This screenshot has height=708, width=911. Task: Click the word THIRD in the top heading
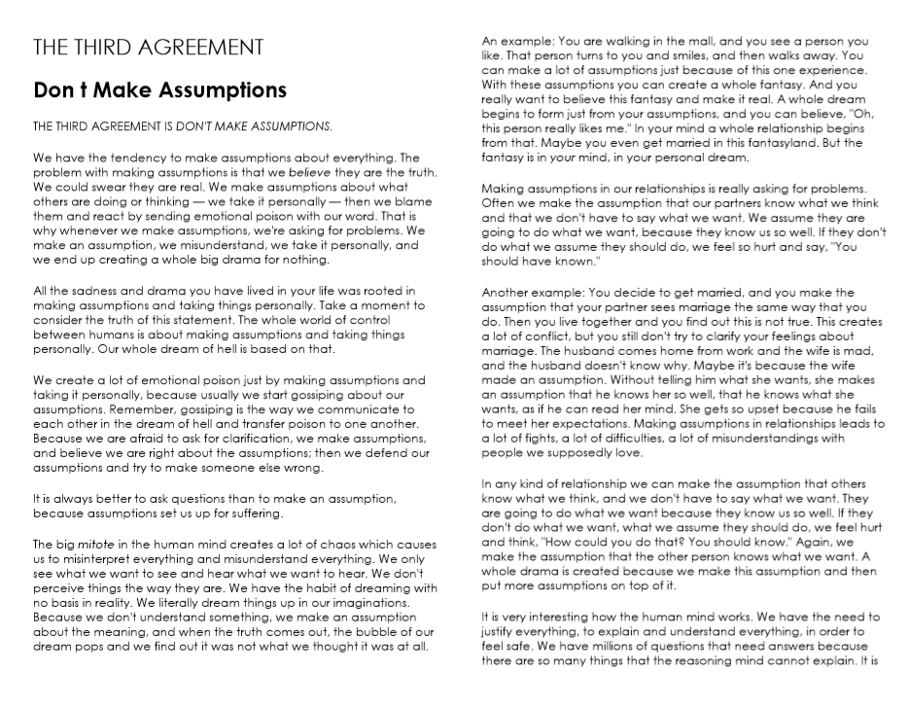pos(107,47)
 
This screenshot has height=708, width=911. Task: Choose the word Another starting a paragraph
pos(508,292)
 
